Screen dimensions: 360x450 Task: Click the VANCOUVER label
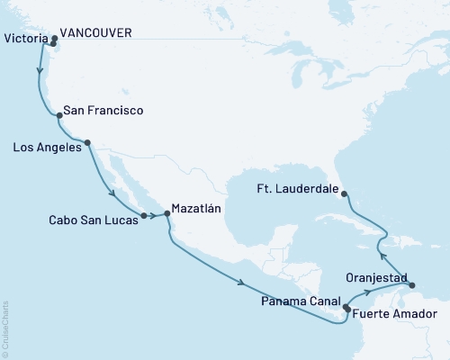point(100,32)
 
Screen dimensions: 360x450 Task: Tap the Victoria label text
point(25,39)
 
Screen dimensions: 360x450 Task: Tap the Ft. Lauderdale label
point(298,190)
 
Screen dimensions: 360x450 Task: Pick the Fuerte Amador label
point(395,314)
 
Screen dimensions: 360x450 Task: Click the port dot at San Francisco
point(58,114)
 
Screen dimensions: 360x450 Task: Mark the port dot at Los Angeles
point(87,142)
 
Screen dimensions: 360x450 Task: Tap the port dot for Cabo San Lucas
point(143,216)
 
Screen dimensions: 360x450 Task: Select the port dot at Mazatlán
point(166,214)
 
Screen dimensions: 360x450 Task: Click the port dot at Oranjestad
point(413,286)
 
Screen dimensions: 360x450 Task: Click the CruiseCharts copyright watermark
point(6,329)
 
